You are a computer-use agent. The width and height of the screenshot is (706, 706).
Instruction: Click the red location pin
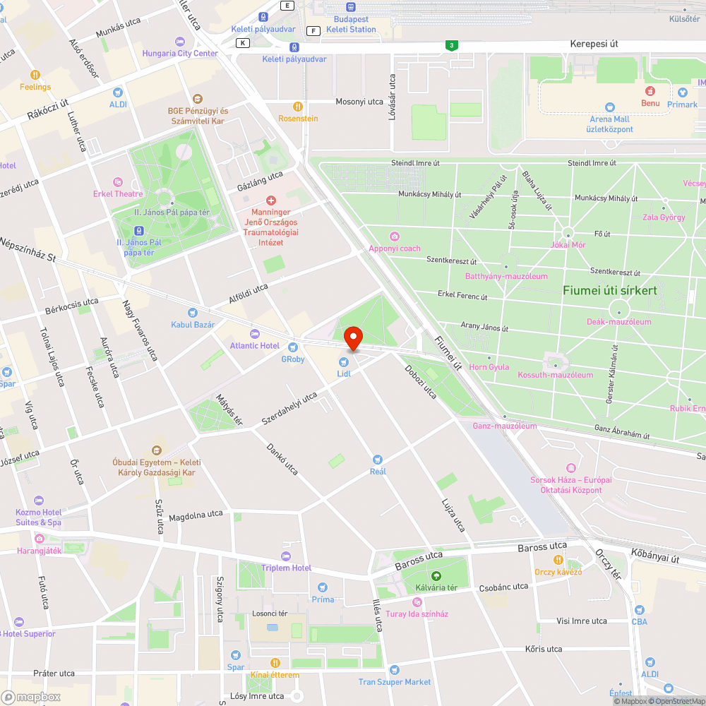(352, 338)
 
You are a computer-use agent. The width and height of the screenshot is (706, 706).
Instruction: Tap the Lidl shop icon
(344, 361)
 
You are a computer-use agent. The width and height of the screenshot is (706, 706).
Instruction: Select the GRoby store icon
(293, 347)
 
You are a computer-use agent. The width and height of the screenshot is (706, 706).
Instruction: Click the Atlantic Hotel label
(254, 345)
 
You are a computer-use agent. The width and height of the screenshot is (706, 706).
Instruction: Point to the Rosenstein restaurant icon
(298, 107)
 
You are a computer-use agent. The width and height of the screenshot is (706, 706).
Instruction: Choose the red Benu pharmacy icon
(650, 91)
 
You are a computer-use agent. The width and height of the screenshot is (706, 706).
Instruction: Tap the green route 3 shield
(450, 46)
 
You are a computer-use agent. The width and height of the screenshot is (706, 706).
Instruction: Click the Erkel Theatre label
(118, 193)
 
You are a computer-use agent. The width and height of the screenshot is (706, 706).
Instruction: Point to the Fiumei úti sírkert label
(609, 290)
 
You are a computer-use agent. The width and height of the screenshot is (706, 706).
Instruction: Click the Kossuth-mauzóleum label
(555, 375)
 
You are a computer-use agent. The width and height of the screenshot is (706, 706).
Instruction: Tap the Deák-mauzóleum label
(619, 322)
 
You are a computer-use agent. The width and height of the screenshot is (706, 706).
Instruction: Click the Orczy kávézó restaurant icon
(558, 560)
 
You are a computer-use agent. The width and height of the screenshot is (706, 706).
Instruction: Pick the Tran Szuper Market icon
(394, 670)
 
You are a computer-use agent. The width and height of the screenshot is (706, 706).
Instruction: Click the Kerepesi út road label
(594, 44)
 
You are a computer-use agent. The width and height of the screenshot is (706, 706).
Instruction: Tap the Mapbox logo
(31, 697)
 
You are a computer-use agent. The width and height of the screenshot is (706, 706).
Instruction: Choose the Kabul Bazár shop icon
(192, 313)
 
